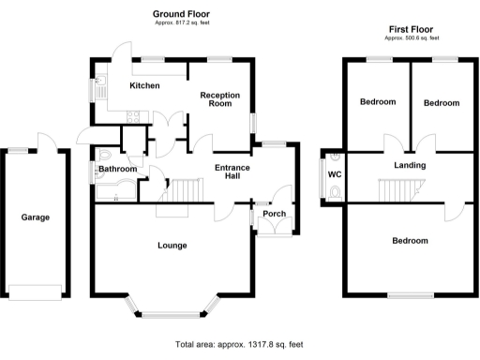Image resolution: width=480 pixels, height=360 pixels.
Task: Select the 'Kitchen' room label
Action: (x=143, y=86)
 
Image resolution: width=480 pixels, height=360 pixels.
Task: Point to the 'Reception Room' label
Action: (x=219, y=99)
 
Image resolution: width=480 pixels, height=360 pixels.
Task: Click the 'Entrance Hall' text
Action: (x=232, y=172)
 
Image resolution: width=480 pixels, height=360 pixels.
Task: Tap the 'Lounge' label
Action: (x=172, y=246)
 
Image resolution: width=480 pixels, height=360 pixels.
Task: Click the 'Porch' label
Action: (x=275, y=213)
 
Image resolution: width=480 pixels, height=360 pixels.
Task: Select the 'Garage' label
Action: (x=36, y=217)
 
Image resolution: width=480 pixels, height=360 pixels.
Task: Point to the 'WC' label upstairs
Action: (x=333, y=175)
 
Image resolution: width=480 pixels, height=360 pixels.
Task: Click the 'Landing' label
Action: (x=410, y=166)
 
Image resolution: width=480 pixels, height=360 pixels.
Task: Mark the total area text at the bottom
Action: (x=239, y=344)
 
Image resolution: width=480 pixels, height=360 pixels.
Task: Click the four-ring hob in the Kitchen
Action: (x=133, y=116)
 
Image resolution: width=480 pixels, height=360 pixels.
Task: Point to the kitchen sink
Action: (x=98, y=90)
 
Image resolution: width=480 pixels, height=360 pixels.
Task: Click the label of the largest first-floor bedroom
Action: (x=411, y=240)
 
